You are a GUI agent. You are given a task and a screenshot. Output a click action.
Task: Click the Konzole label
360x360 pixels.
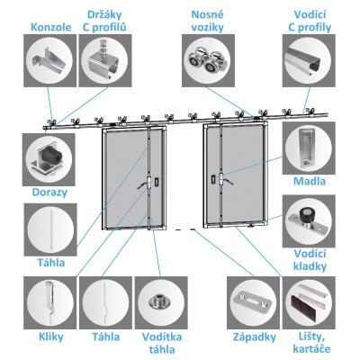(x=51, y=27)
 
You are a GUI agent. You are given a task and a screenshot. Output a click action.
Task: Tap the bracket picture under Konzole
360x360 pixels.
(x=49, y=60)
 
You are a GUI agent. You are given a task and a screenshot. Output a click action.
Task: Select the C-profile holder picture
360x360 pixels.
(x=105, y=60)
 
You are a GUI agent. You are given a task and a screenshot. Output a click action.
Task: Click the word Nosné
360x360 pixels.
(x=208, y=14)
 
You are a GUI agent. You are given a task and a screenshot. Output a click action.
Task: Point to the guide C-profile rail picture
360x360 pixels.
(x=309, y=60)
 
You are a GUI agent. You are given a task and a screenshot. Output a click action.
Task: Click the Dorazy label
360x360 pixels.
(x=49, y=193)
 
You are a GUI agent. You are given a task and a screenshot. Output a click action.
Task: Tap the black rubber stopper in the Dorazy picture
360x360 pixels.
(x=53, y=157)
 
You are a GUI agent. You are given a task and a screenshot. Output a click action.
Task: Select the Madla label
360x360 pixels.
(x=310, y=181)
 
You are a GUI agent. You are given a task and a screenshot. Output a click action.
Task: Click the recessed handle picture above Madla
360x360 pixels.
(x=309, y=148)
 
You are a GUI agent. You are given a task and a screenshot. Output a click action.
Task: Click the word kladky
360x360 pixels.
(x=310, y=266)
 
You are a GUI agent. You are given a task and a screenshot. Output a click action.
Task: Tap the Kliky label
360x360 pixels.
(x=51, y=337)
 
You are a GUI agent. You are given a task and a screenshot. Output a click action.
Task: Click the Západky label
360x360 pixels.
(x=255, y=337)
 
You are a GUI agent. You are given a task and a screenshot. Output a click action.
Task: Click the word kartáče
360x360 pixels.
(x=311, y=349)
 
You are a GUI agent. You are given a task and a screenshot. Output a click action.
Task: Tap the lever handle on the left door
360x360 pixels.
(x=142, y=184)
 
